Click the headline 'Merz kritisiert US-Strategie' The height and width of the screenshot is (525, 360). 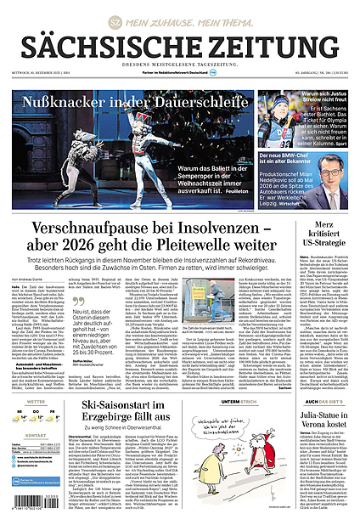coord(327,245)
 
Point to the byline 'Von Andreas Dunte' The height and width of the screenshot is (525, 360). coord(30,280)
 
